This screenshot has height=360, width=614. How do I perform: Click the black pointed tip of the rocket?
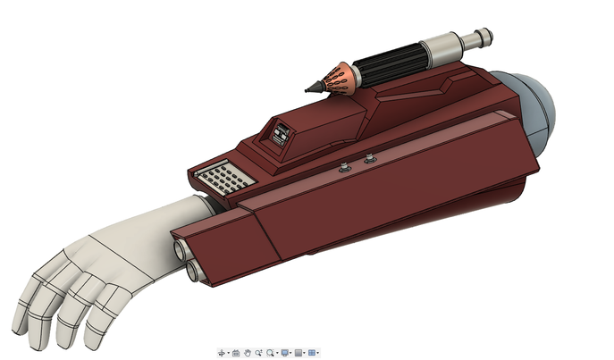[x=312, y=88]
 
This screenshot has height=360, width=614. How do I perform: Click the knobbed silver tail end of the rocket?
[x=482, y=37]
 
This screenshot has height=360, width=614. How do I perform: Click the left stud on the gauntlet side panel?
[x=345, y=167]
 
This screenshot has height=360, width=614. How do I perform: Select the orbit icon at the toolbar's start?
[x=223, y=352]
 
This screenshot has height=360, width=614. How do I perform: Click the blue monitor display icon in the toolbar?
[x=284, y=352]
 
